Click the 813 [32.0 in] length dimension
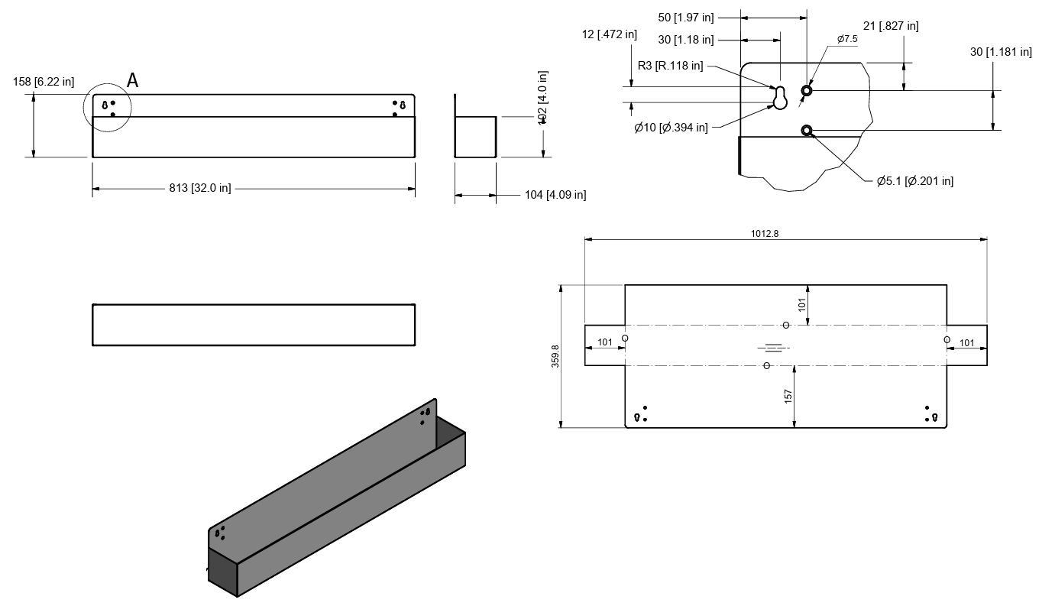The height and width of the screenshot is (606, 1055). tap(200, 188)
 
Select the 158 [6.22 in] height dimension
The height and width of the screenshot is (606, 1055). tap(44, 82)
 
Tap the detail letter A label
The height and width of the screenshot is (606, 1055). tap(133, 80)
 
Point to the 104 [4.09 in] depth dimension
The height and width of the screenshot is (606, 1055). tap(555, 195)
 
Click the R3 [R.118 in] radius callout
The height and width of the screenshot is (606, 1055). tap(671, 66)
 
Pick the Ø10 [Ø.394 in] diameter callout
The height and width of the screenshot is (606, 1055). tap(671, 128)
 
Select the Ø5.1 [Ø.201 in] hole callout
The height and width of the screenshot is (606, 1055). tap(915, 181)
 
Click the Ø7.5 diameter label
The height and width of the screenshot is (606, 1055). tap(847, 39)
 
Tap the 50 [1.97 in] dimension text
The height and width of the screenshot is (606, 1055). tap(685, 16)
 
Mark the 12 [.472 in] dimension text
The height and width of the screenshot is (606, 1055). tap(609, 34)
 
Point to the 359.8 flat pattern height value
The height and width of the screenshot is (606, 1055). tap(555, 356)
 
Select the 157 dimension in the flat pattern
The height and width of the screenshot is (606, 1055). tap(788, 395)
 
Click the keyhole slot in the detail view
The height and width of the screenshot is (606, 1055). tap(780, 98)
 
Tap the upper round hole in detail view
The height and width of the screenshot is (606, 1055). tap(806, 91)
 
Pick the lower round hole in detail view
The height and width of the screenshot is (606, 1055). tap(806, 131)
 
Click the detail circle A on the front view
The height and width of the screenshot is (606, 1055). tap(107, 108)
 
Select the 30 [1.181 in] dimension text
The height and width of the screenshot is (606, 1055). tap(1001, 52)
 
